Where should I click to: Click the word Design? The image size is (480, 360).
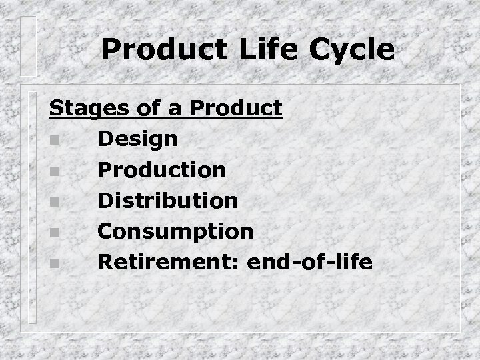tap(137, 139)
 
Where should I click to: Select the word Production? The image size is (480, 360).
tap(162, 170)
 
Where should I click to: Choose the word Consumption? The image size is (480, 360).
tap(175, 231)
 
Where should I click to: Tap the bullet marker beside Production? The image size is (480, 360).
tap(53, 171)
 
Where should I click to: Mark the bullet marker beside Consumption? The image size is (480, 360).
tap(53, 233)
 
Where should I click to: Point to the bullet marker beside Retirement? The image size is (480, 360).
tap(53, 263)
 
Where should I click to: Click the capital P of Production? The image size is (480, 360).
tap(104, 170)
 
